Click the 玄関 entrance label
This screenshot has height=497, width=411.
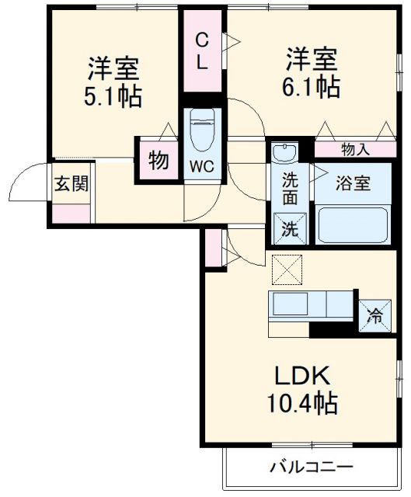point(71,184)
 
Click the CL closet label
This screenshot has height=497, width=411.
point(201,51)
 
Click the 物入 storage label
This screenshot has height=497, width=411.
point(355,149)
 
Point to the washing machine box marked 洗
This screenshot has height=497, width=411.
point(289,229)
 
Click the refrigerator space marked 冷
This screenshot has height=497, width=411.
point(374,315)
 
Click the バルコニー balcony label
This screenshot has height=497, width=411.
point(312,467)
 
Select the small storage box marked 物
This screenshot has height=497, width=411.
point(158,161)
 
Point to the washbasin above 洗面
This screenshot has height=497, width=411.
point(286,152)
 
